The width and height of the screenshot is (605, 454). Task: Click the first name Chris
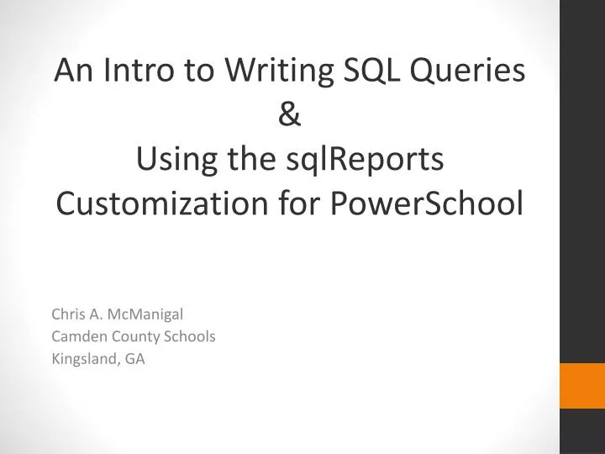(x=68, y=315)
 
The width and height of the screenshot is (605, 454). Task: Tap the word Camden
(x=76, y=336)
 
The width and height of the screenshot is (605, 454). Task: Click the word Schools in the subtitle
(x=192, y=336)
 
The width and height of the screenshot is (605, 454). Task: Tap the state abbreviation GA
(x=134, y=358)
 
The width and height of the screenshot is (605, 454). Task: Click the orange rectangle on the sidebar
(x=582, y=386)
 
